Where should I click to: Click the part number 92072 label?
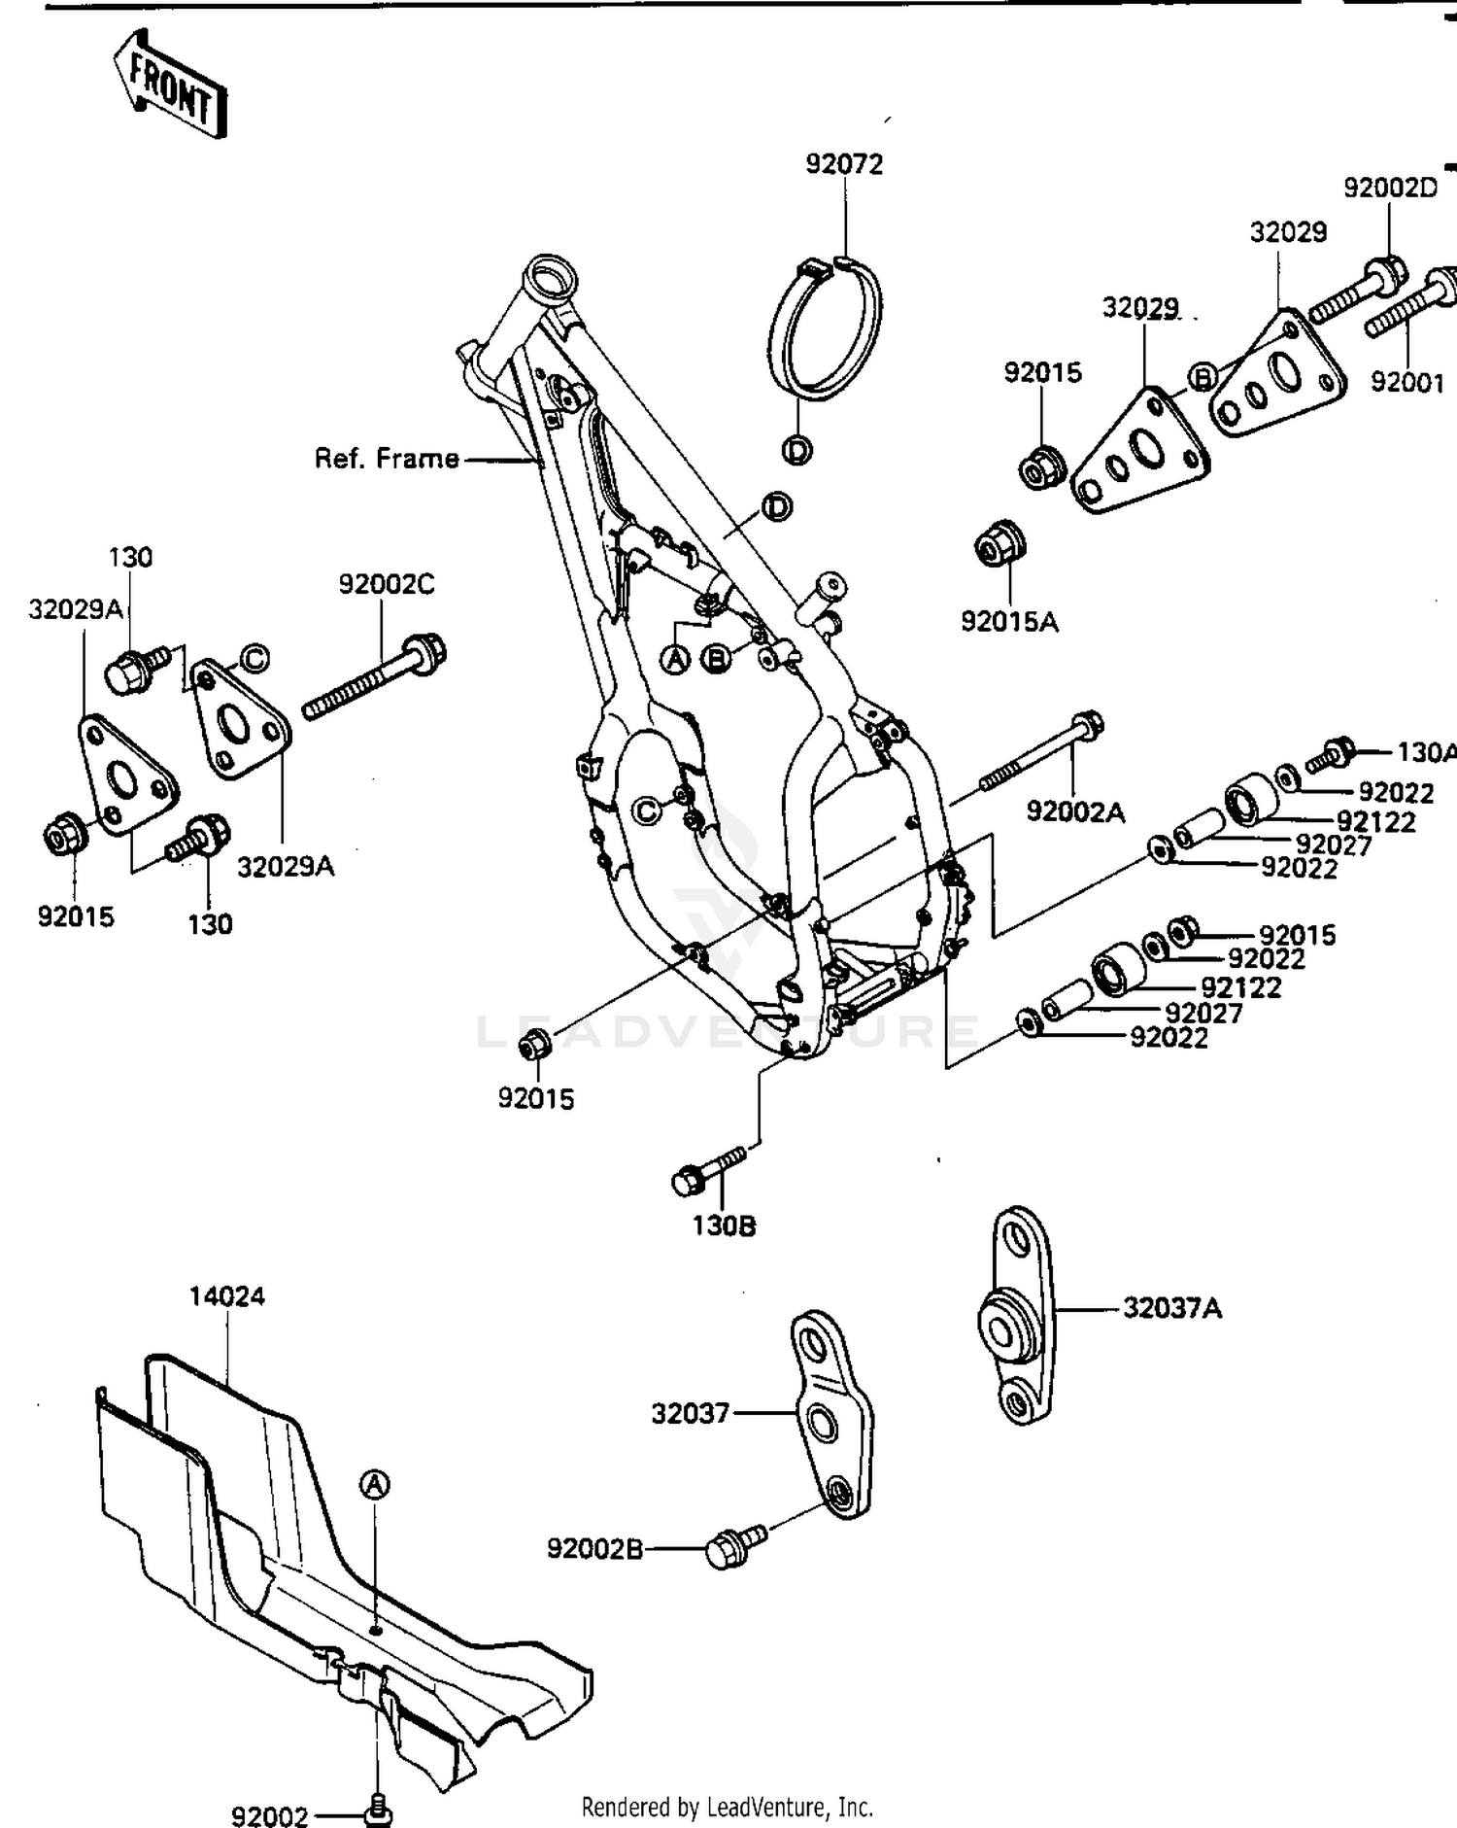click(x=844, y=164)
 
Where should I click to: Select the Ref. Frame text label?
click(x=387, y=458)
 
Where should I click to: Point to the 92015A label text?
click(x=1009, y=621)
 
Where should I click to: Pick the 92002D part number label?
click(x=1389, y=188)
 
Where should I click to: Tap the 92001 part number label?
click(x=1407, y=382)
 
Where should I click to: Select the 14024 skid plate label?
click(x=226, y=1295)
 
